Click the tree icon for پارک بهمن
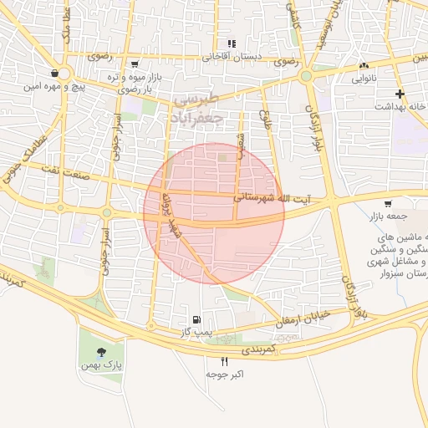coord(102,352)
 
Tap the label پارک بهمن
coord(102,365)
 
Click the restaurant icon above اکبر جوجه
coord(224,361)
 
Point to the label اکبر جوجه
coord(225,374)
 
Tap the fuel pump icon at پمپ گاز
coord(196,318)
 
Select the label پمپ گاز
coord(197,332)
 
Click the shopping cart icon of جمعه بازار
coord(387,204)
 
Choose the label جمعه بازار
coord(386,217)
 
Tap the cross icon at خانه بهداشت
coord(400,94)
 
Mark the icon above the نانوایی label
coord(363,66)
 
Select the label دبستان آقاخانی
coord(232,57)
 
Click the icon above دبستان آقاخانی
coord(232,43)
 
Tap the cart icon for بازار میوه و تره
coord(135,64)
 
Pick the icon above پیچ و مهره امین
coord(54,73)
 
